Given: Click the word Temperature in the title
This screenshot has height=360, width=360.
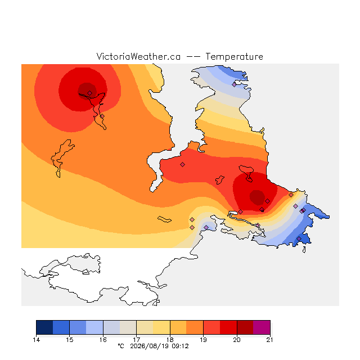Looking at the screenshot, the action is [234, 56].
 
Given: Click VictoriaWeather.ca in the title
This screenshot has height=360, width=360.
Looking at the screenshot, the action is [138, 56].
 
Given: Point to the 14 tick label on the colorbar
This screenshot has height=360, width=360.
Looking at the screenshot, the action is [36, 340].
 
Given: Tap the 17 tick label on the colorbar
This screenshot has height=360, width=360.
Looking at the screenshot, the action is [136, 340].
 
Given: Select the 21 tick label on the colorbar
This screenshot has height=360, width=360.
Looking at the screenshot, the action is [270, 340].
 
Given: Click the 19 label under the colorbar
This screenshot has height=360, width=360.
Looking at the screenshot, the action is [203, 340].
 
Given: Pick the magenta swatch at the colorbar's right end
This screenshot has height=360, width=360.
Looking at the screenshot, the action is [262, 327].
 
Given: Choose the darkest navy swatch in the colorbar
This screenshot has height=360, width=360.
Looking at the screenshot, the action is [44, 327].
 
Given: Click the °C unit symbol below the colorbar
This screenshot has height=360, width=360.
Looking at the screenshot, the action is [121, 346].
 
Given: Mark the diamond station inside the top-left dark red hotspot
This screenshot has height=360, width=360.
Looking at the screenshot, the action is [90, 93].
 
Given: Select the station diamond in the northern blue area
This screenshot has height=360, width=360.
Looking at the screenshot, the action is [234, 84].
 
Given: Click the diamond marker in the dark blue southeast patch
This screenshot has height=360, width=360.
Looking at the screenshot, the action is [299, 238].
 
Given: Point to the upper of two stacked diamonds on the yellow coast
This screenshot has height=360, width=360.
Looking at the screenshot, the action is [192, 220].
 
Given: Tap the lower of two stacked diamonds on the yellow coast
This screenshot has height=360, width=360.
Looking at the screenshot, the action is [192, 227].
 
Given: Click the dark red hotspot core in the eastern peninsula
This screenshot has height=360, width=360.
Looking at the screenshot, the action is [258, 197].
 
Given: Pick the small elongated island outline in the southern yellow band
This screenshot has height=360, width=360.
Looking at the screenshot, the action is [164, 219].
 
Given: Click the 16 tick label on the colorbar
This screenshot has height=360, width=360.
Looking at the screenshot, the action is [103, 340].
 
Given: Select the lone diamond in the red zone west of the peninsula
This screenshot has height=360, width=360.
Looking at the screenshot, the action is [182, 164].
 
